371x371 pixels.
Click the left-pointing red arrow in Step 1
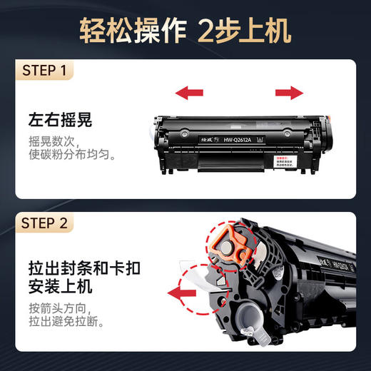[189, 92]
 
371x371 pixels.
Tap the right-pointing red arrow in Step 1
[288, 92]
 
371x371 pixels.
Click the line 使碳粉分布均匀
[71, 154]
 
